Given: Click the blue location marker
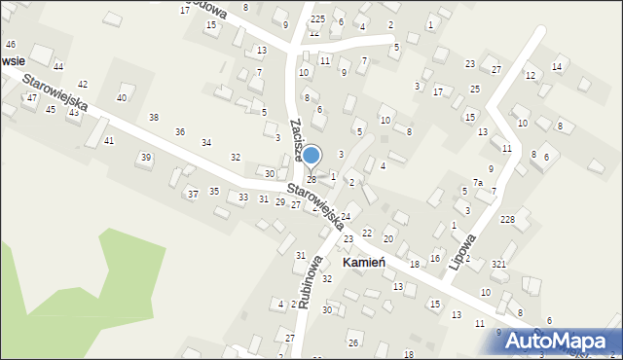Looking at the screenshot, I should point(311,155).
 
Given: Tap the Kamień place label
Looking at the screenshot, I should point(367,264).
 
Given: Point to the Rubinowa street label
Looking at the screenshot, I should point(309,281).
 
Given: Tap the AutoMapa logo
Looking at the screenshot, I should point(562,340).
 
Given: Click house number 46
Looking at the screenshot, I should point(10,45).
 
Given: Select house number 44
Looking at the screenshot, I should point(58,66).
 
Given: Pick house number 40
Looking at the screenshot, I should point(122,98).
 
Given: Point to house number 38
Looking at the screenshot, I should point(153,118).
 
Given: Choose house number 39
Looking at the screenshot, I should point(146,158).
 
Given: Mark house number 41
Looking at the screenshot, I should point(109,141).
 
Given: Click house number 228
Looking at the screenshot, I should point(507,220).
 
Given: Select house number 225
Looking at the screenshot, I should point(317,19).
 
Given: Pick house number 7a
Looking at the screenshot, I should point(478,183).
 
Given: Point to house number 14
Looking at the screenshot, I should point(556,67).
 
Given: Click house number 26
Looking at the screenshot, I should point(353,343).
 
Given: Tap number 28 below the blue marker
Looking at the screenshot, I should point(311,180).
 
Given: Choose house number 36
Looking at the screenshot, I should point(180,131).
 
